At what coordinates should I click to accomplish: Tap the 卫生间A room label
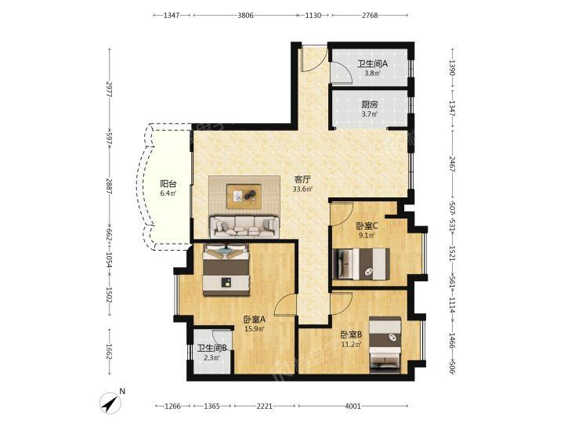(x=372, y=64)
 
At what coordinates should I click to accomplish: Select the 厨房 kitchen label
(x=370, y=105)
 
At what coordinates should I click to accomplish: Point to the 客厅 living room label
(x=302, y=179)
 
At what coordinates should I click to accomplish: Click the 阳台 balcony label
(x=168, y=184)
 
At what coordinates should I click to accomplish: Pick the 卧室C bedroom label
(x=367, y=226)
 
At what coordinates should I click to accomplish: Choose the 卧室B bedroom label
(x=352, y=335)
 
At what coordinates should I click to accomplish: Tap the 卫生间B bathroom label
(x=211, y=348)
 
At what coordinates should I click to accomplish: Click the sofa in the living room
(x=244, y=227)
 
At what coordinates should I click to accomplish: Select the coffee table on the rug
(x=244, y=196)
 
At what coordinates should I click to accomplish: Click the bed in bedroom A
(x=226, y=269)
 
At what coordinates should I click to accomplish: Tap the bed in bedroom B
(x=385, y=345)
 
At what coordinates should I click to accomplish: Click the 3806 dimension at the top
(x=246, y=15)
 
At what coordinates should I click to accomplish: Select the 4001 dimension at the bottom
(x=352, y=406)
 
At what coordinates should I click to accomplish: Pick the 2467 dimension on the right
(x=452, y=164)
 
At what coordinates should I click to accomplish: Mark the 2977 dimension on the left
(x=110, y=89)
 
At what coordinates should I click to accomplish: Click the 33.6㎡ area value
(x=302, y=189)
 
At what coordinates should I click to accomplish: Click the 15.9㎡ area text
(x=255, y=328)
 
